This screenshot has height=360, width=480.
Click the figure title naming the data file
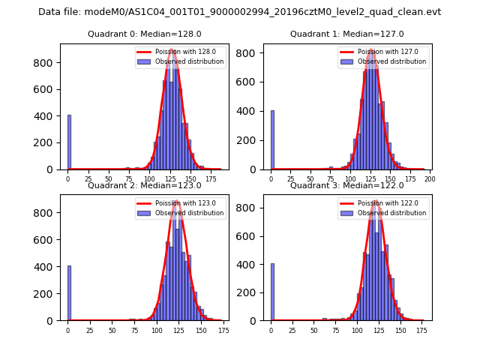point(239,12)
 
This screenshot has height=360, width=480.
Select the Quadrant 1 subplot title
point(346,34)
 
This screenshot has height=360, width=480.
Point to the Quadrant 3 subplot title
point(346,185)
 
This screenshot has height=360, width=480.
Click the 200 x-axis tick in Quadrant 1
point(430,179)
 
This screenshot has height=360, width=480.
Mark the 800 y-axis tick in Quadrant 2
point(47,212)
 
